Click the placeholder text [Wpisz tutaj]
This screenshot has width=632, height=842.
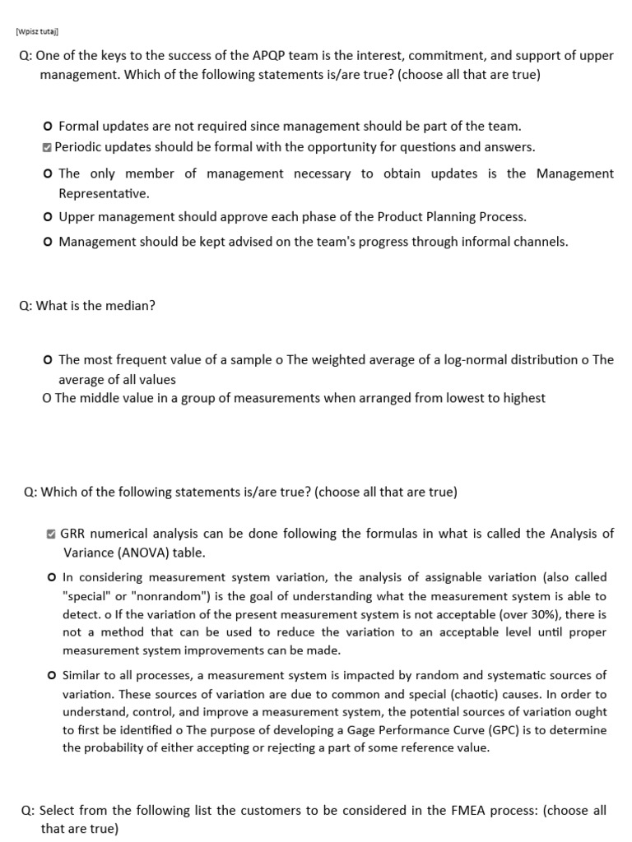(37, 32)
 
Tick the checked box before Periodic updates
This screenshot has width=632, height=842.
(48, 147)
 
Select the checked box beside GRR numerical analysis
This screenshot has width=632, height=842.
(52, 534)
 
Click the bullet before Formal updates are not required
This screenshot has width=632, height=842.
(49, 127)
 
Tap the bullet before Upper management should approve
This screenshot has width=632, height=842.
(49, 217)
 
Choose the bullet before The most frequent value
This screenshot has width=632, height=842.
(49, 360)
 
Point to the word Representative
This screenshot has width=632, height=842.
(103, 193)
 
